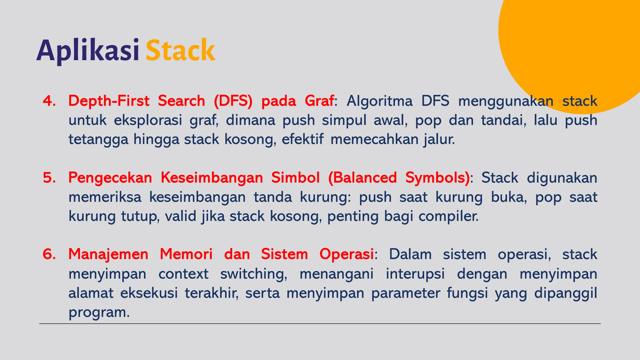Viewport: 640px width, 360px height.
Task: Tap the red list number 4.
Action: click(49, 101)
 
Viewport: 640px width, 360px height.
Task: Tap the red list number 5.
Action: click(49, 177)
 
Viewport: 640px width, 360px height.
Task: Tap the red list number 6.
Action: click(49, 254)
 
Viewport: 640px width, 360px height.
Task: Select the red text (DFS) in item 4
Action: click(233, 101)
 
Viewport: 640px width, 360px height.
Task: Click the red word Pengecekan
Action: click(110, 177)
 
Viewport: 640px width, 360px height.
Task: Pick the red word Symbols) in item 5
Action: click(437, 177)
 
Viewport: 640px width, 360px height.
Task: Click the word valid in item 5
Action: click(179, 216)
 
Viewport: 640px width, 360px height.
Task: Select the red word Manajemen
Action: click(108, 254)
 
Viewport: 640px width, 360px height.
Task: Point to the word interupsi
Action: click(415, 274)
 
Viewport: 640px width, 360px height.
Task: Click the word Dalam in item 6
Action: click(410, 254)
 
